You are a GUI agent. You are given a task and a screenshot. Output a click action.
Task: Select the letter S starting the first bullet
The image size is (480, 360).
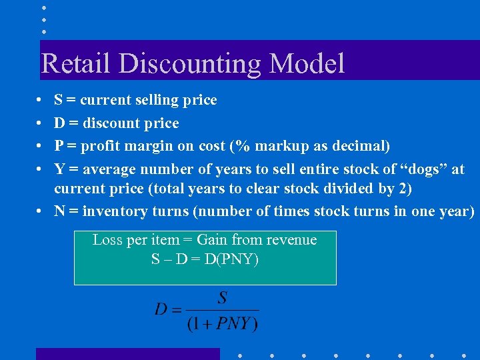click(59, 101)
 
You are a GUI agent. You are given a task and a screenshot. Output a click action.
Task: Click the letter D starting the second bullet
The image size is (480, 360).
click(59, 123)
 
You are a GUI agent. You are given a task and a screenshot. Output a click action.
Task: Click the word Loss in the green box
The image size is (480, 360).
click(107, 240)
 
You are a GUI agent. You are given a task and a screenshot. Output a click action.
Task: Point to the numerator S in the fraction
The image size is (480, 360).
click(223, 296)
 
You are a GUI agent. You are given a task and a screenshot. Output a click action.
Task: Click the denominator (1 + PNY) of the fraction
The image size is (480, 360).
click(222, 324)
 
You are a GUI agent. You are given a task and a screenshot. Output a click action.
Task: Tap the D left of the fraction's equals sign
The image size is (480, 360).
click(161, 309)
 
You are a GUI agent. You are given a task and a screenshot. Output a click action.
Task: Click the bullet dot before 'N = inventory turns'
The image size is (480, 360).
click(41, 211)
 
